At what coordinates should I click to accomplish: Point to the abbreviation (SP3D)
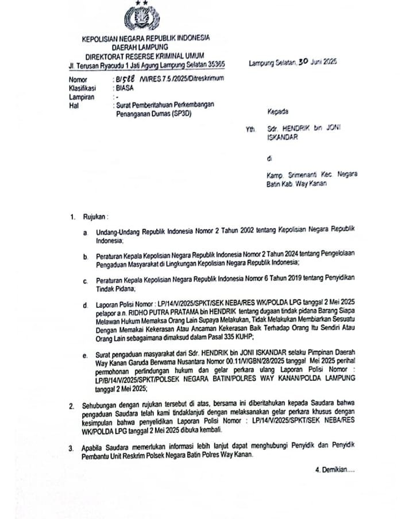(176, 115)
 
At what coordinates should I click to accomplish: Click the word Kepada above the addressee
(278, 111)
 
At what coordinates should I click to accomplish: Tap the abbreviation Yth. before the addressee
(250, 130)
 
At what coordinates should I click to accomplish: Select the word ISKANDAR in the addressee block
(283, 138)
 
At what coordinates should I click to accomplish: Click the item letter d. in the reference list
(85, 303)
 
